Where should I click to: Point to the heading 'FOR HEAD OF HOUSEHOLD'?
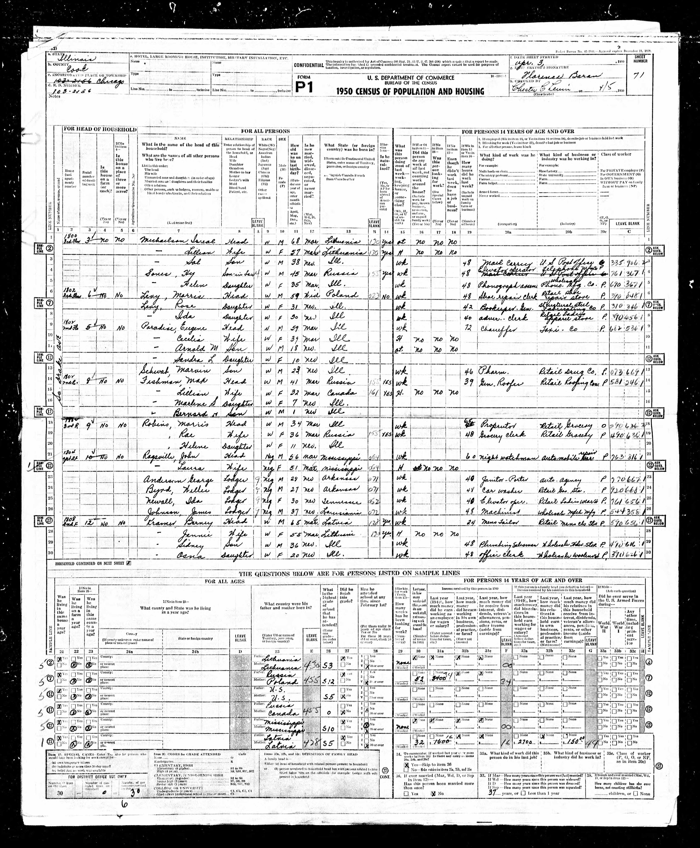tap(100, 130)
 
